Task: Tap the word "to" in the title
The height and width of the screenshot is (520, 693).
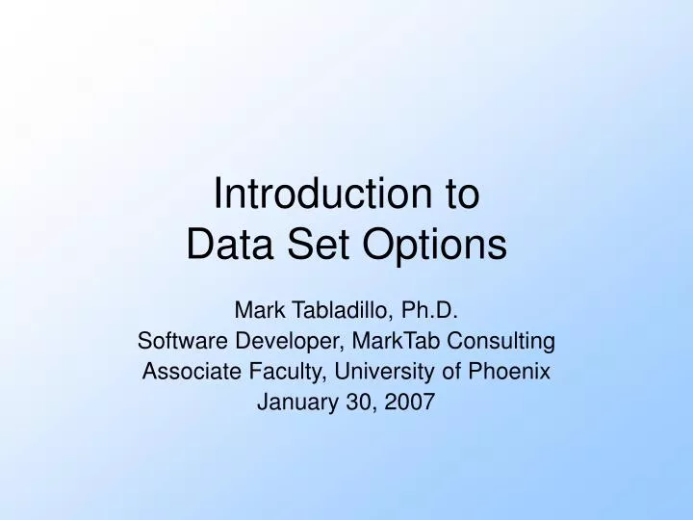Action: point(462,195)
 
